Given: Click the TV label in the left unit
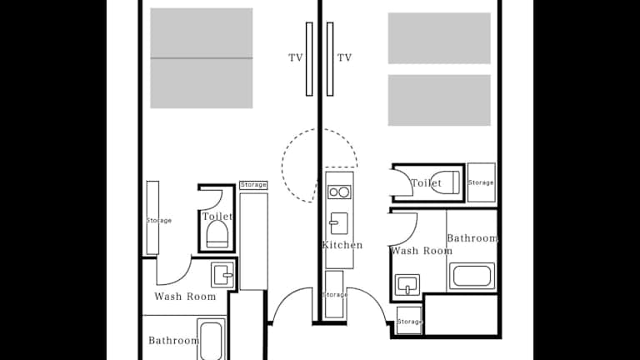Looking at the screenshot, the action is [x=296, y=58].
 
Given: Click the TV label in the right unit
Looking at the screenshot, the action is [x=344, y=58].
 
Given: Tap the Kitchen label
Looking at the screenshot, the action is [x=342, y=245].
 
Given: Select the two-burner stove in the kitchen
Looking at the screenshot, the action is [x=339, y=192].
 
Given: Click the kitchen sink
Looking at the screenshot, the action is [x=339, y=223].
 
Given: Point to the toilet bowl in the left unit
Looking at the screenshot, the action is [x=217, y=235].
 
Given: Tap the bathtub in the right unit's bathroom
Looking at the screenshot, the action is [x=472, y=277].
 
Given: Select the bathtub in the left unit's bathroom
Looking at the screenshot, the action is [x=211, y=339].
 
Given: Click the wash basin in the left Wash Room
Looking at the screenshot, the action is [x=222, y=275].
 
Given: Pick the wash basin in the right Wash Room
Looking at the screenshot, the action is [x=407, y=285].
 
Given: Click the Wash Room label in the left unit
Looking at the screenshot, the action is [x=185, y=297].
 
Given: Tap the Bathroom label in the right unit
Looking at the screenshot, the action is [x=472, y=238].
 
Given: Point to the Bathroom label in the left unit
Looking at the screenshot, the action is [x=173, y=340].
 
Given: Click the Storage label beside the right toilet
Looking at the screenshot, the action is [x=481, y=182].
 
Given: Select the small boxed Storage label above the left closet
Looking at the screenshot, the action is [x=253, y=185].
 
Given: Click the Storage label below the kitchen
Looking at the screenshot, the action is [x=335, y=294].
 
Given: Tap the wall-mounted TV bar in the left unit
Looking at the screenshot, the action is [x=309, y=59].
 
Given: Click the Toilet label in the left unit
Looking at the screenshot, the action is [x=217, y=216].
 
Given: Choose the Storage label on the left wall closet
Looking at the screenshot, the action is [x=159, y=220].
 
